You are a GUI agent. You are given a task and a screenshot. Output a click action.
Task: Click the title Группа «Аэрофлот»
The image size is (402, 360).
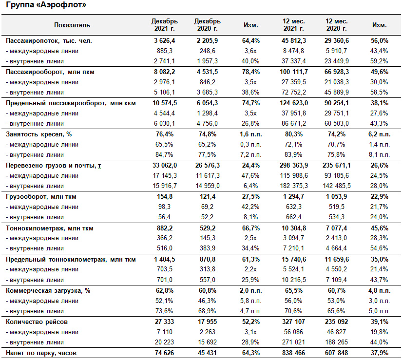coord(46,4)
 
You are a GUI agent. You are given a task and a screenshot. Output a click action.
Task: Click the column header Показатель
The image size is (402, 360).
coord(72,25)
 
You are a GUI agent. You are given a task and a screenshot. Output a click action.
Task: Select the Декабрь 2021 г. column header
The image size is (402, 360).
coord(164,25)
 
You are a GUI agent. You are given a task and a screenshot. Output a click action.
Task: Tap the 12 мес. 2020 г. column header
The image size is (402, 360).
coord(336,25)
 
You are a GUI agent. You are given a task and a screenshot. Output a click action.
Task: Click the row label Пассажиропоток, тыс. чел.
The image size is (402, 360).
coord(49,41)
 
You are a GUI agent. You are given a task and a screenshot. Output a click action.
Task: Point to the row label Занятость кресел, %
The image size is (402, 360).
coord(38,134)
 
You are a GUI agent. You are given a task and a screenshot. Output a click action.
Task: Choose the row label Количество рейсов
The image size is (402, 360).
coord(37,322)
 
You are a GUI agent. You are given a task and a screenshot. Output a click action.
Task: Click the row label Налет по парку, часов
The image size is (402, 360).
coord(41,353)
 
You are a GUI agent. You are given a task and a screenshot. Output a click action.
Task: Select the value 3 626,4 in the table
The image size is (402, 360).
coord(164,41)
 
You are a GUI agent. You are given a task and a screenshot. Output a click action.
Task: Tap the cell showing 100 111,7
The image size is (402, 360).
coord(293,72)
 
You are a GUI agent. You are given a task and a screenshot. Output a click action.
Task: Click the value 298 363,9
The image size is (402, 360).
coord(293,166)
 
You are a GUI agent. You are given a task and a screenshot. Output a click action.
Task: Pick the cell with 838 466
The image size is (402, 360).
coord(293,353)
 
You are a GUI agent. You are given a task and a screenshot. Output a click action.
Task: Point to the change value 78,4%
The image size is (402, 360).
coord(251,72)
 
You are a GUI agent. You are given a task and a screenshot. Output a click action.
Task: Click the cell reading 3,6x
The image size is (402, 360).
coord(250,51)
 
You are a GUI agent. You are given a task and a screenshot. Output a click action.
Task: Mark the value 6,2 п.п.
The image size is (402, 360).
coord(380,134)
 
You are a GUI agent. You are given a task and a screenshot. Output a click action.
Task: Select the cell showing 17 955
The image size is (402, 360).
coord(207,322)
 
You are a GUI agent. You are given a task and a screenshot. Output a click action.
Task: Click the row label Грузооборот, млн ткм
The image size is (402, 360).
coord(41,197)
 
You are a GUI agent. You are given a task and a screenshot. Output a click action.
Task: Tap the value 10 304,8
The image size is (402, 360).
coord(293,228)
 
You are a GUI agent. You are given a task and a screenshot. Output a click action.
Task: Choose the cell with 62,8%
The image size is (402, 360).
coord(164,291)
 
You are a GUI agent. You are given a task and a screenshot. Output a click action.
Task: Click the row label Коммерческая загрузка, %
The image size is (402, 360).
coord(48,291)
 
